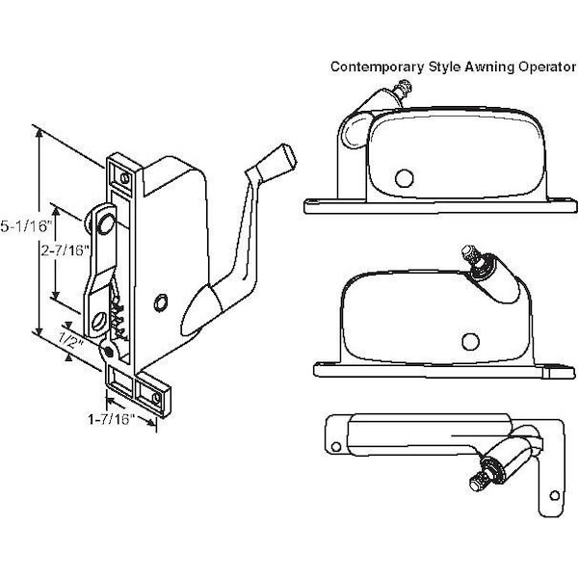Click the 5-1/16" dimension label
pos(19,226)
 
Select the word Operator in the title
pos(533,67)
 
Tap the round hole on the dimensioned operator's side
pos(163,302)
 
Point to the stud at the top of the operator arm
pos(100,223)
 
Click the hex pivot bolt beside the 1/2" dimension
pos(110,352)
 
